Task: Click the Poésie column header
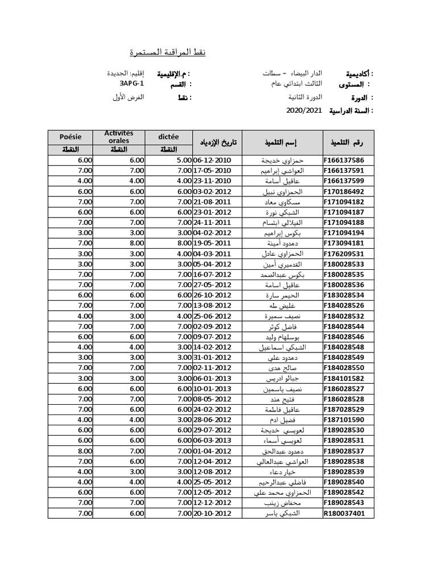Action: click(x=71, y=137)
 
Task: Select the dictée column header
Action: click(x=169, y=137)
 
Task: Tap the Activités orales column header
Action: click(x=118, y=137)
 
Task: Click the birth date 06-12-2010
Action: click(x=213, y=159)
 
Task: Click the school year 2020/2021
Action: click(x=304, y=111)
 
